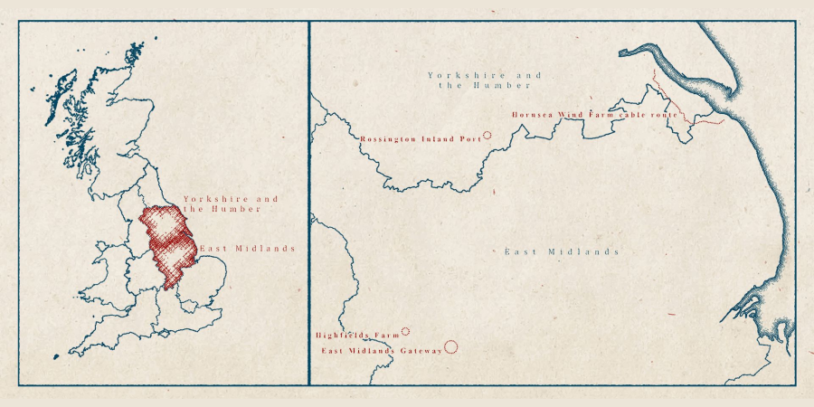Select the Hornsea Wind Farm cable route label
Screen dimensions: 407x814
pos(594,115)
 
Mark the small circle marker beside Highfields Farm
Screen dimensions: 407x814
pos(405,332)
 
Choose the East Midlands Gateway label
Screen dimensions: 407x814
pos(382,350)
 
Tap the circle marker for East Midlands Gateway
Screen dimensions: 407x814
pos(451,346)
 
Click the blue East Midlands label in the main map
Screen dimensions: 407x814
pos(561,252)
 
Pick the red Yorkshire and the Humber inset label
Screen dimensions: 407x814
pos(231,203)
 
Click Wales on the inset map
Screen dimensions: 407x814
pos(109,271)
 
